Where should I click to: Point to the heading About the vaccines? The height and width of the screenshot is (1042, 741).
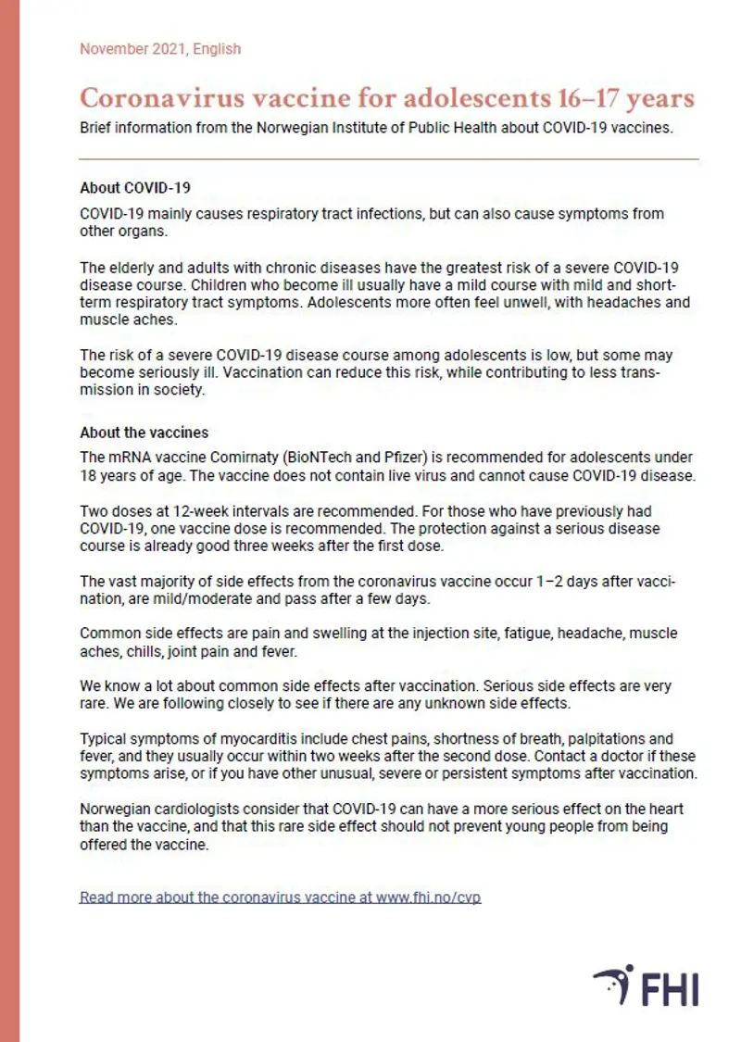[x=144, y=433]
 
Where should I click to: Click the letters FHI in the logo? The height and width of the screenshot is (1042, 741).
[x=670, y=987]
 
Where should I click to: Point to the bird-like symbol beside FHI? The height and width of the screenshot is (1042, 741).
[x=612, y=986]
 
